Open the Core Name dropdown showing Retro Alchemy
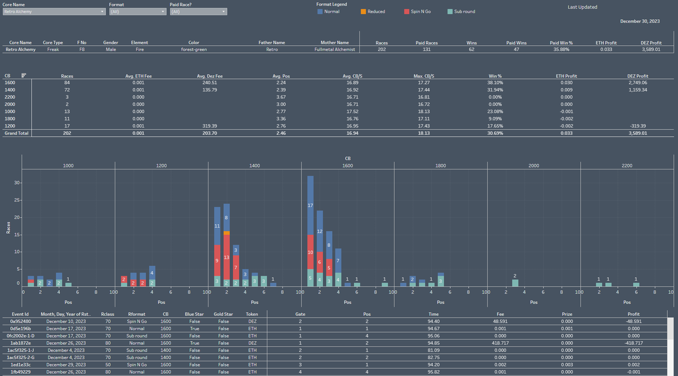[x=54, y=11]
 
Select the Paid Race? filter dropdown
[x=198, y=11]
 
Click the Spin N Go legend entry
[x=418, y=11]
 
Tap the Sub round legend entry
[x=460, y=11]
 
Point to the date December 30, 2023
[x=639, y=21]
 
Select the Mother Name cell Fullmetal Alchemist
[x=334, y=50]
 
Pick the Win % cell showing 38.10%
[x=495, y=82]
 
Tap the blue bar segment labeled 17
[x=310, y=205]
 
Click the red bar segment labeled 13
[x=227, y=257]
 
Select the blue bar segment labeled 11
[x=217, y=226]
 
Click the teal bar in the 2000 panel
[x=515, y=283]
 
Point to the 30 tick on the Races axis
[x=17, y=183]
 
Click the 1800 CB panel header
[x=441, y=166]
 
